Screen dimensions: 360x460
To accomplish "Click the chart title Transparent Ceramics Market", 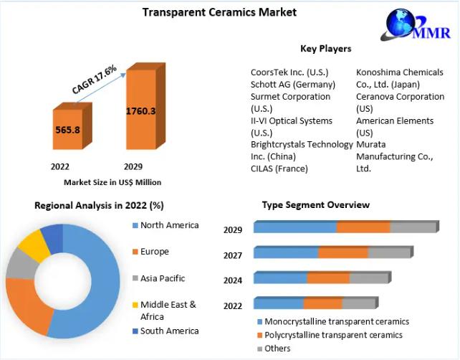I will click(209, 12).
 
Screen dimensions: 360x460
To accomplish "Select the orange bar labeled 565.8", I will click(67, 130).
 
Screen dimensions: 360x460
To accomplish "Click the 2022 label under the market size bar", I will click(59, 166).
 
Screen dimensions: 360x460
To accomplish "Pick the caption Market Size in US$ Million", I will click(112, 182).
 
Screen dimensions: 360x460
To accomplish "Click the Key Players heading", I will click(325, 49).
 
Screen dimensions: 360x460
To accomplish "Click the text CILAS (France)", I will click(279, 169).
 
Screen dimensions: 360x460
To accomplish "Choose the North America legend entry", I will click(169, 225).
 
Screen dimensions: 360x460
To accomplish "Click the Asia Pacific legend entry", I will click(162, 278).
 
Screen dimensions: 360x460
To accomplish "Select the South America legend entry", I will click(169, 331).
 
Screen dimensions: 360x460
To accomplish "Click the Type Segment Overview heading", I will click(315, 205).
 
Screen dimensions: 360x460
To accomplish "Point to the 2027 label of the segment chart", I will click(233, 255).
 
